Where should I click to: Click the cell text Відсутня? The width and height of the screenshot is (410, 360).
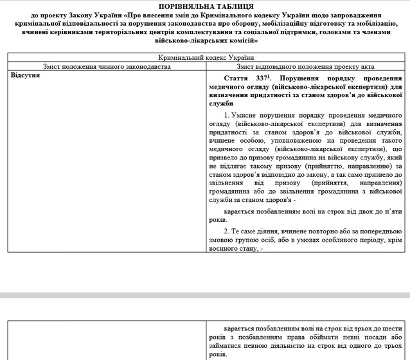tap(26, 76)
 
